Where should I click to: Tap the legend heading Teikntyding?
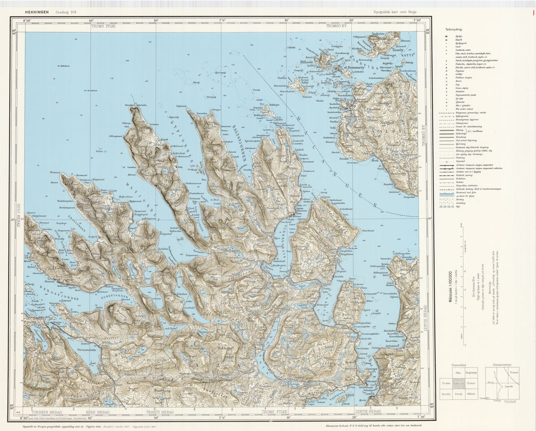(x=454, y=30)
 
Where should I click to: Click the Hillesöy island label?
(x=308, y=62)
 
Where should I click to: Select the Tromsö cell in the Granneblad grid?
(x=471, y=384)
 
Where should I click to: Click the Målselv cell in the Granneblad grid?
(x=471, y=394)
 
